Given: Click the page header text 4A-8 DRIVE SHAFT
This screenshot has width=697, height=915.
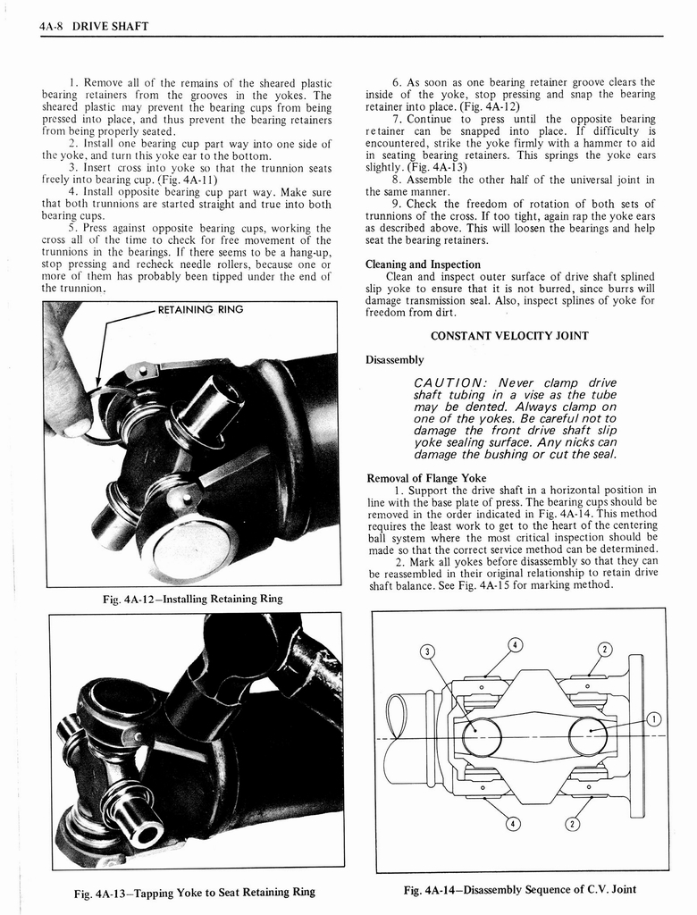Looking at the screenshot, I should pos(94,26).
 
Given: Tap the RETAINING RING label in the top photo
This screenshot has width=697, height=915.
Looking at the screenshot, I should pos(200,311).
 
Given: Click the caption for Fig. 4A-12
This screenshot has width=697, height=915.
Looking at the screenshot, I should pos(192,599).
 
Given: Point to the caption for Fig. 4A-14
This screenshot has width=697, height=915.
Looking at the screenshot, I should pos(520,889).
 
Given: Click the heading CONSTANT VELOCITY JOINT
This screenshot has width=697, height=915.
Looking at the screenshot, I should pos(509,336).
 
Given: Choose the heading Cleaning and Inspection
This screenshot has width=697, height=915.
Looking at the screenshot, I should pos(423,264).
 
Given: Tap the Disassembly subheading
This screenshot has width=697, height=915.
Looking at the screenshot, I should pos(394,360).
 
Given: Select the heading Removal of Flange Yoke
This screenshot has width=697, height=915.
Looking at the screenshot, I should pos(426,478).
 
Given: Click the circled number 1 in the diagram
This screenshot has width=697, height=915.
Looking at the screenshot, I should pos(653,719).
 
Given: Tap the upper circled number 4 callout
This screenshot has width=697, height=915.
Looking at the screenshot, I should pos(515,645).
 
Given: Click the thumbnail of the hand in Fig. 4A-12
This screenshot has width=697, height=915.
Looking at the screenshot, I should pos(75,427).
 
